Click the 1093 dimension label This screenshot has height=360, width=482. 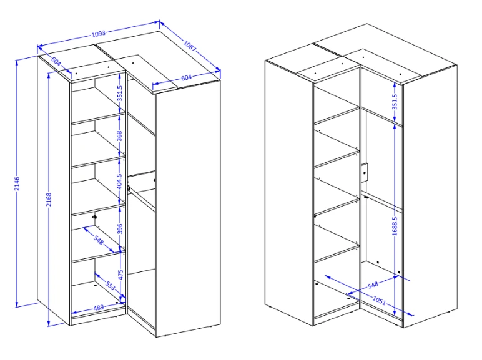(99, 34)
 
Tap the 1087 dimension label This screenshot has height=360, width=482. (190, 46)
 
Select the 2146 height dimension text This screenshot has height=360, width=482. (17, 183)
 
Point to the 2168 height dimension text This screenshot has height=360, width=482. (49, 200)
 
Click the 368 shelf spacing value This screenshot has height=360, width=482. (120, 136)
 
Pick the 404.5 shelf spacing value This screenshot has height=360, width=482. (120, 181)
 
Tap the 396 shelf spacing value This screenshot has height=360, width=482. (120, 229)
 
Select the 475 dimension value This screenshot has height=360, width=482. (120, 275)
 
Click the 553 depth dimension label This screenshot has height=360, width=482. (110, 286)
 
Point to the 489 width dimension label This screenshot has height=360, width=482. (99, 307)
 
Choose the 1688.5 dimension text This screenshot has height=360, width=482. (395, 226)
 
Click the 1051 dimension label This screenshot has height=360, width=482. (379, 300)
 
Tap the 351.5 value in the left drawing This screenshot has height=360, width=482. (120, 93)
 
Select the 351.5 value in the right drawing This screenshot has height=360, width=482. (395, 102)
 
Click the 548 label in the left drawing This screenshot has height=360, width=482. (99, 240)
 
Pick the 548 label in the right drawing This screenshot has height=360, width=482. (373, 285)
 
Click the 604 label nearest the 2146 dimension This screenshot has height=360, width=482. (56, 61)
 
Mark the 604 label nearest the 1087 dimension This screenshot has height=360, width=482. (186, 78)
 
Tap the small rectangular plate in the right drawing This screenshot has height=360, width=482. (365, 173)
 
